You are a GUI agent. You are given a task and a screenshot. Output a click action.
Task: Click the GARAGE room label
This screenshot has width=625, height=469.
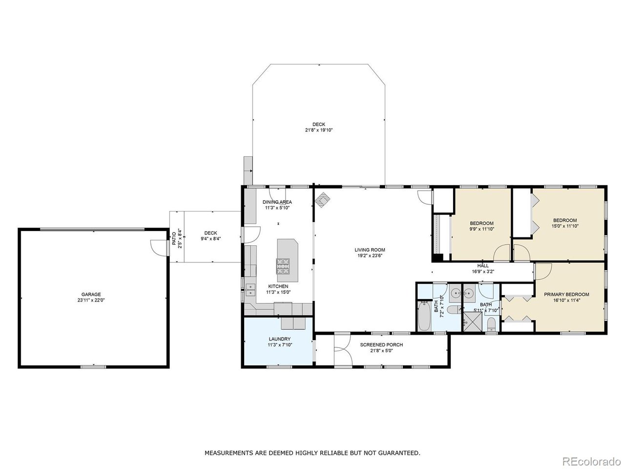pos(91,295)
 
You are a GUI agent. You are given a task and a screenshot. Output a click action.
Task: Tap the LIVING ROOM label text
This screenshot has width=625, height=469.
pos(370,250)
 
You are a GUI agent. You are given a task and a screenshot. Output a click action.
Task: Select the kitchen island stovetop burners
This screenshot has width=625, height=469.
pos(283,266)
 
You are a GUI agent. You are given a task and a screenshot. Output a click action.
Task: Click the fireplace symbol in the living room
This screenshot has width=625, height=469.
pos(322,200)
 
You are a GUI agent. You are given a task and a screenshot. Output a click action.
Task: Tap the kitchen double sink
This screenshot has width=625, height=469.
pos(250,289)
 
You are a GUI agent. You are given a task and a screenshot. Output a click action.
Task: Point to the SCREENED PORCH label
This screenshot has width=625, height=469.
pos(381,344)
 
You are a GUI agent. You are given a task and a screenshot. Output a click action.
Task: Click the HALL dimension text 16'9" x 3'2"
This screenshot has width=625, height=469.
pos(483,271)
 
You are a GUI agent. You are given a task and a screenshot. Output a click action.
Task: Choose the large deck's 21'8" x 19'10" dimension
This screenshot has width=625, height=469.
pos(319,130)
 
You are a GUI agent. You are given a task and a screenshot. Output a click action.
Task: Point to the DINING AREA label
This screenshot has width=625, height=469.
pos(277,202)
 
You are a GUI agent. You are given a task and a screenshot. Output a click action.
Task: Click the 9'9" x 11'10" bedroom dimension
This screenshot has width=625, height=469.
pos(481,229)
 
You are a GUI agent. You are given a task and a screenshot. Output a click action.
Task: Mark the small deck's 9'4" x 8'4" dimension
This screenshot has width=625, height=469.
pos(211,238)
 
